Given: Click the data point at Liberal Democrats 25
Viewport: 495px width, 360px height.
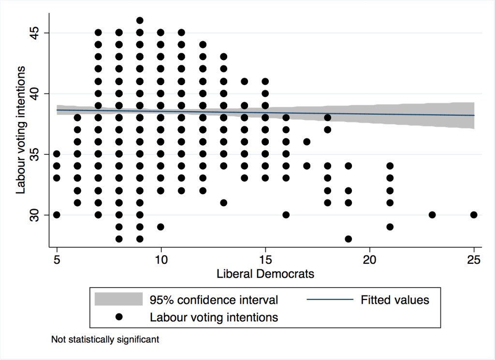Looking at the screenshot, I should tap(474, 215).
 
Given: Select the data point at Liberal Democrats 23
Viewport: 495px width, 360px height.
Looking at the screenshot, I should tap(432, 215).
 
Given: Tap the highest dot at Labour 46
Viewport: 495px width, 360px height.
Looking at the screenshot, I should tap(140, 20).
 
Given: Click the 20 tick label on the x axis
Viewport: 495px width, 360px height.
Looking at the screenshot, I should tap(369, 260).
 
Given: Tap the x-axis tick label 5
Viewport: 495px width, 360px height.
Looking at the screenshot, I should tap(57, 260).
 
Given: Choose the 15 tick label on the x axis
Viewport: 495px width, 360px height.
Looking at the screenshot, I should tap(265, 260).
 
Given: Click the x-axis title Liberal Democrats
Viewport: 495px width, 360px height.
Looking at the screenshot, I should tap(265, 274).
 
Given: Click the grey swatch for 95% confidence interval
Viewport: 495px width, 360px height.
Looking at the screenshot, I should tap(118, 300).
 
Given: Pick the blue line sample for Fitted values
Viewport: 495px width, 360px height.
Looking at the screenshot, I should tap(330, 300).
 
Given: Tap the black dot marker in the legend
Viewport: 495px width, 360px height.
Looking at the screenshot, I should tap(118, 317).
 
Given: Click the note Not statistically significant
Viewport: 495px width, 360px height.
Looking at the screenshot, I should tap(105, 340).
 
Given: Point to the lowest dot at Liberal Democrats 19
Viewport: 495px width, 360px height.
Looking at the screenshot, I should tap(349, 239).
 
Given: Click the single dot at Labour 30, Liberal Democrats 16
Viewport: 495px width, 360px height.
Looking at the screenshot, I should tap(286, 215).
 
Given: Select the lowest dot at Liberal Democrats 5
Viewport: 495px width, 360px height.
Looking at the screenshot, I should tap(57, 215).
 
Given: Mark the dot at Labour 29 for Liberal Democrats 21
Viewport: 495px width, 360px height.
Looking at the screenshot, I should tap(390, 227).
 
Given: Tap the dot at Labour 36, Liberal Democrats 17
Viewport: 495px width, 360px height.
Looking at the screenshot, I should tap(307, 142).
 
